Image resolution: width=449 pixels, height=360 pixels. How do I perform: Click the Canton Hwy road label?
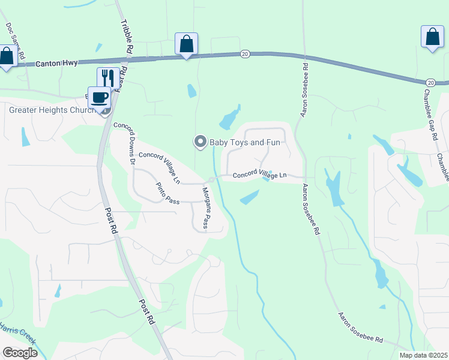click(x=56, y=63)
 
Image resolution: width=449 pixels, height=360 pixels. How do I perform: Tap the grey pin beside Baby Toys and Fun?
click(x=199, y=142)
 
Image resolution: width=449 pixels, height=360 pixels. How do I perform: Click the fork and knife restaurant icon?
click(x=108, y=77)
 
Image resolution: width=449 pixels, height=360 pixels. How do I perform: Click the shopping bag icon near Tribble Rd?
click(x=186, y=43)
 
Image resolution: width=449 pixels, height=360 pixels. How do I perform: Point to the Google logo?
click(x=20, y=353)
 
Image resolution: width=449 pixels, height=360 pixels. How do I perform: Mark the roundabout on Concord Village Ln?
click(x=211, y=179)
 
